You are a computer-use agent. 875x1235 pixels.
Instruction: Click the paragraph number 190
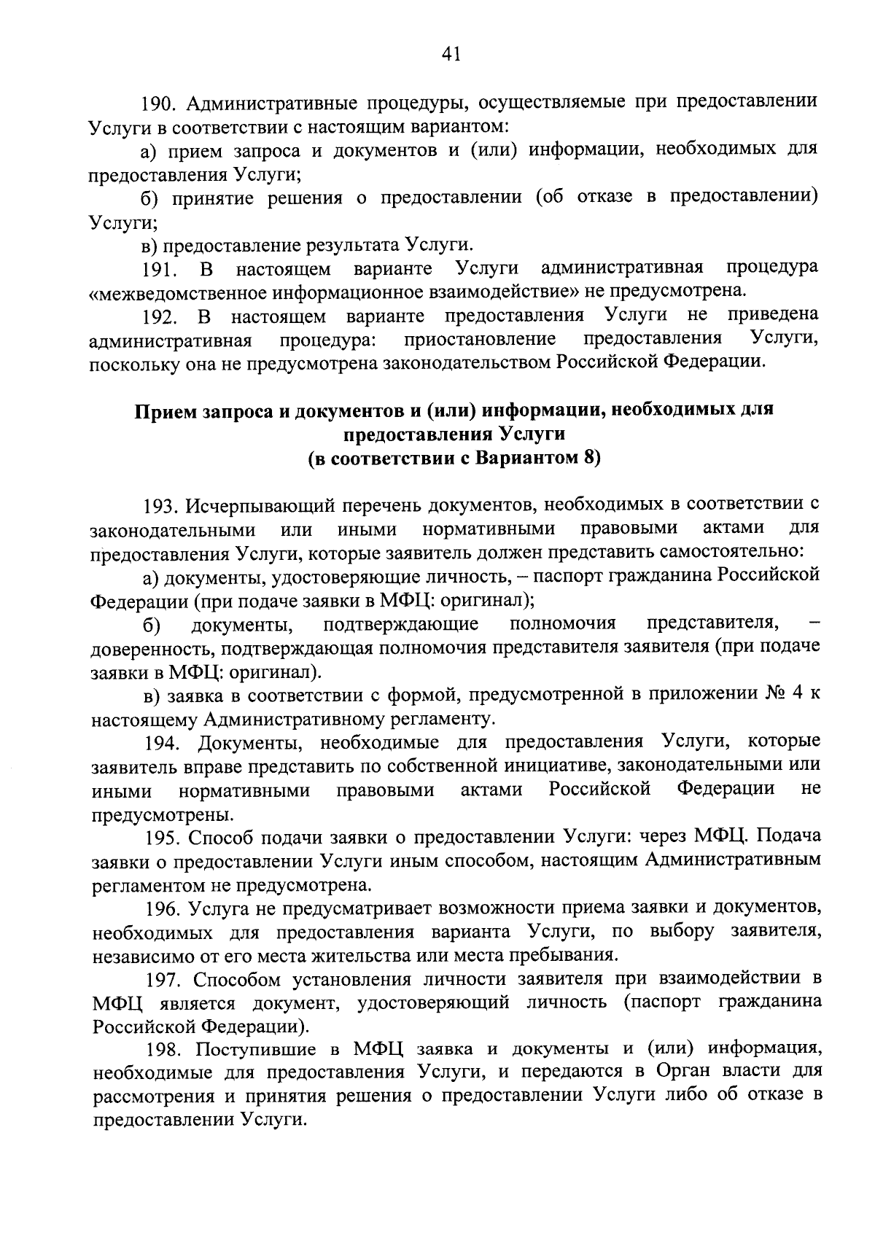tap(160, 102)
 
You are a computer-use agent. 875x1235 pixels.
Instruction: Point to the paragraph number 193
tap(160, 505)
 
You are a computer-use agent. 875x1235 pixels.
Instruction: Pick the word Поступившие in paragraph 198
tap(251, 1050)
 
